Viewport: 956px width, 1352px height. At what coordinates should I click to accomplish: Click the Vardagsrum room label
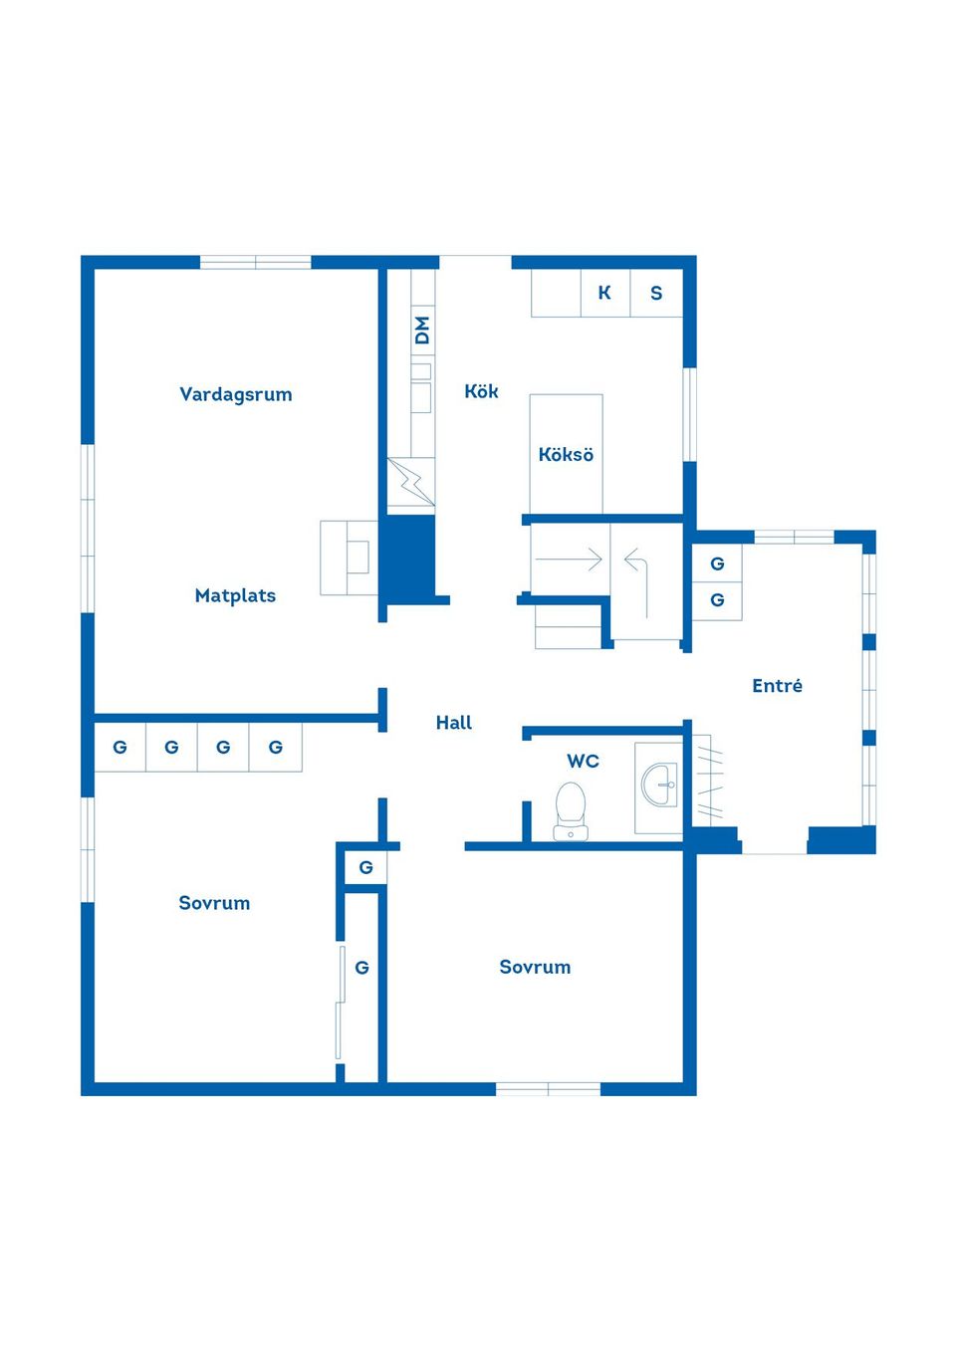coord(235,394)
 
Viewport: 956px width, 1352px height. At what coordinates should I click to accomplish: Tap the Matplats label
coord(235,595)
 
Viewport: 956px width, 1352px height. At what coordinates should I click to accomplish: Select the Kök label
coord(481,391)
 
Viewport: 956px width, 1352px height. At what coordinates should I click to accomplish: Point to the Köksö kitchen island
coord(566,454)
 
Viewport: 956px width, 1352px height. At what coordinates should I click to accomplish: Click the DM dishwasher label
coord(423,331)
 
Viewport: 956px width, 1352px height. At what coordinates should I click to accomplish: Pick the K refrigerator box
coord(605,293)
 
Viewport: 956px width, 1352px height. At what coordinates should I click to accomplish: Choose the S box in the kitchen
coord(656,293)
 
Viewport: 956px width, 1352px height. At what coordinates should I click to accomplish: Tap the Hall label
coord(454,723)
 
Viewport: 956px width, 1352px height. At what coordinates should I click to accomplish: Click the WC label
coord(583,761)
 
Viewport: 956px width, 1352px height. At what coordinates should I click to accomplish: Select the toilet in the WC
coord(571,810)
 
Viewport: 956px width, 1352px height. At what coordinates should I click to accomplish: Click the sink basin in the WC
coord(659,785)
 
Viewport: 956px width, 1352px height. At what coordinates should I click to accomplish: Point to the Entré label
coord(778,686)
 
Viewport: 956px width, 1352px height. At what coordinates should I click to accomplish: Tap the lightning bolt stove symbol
coord(411,481)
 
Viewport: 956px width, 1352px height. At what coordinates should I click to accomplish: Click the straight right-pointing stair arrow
coord(569,560)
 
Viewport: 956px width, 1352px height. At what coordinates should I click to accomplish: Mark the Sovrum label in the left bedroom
coord(214,903)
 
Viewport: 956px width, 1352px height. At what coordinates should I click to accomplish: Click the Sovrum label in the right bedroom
coord(535,967)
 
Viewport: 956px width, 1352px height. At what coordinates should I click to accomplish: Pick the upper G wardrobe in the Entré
coord(717,563)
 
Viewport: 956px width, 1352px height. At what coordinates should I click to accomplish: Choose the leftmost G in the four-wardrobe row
coord(120,748)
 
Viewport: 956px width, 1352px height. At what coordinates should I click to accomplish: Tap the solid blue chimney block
coord(410,556)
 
